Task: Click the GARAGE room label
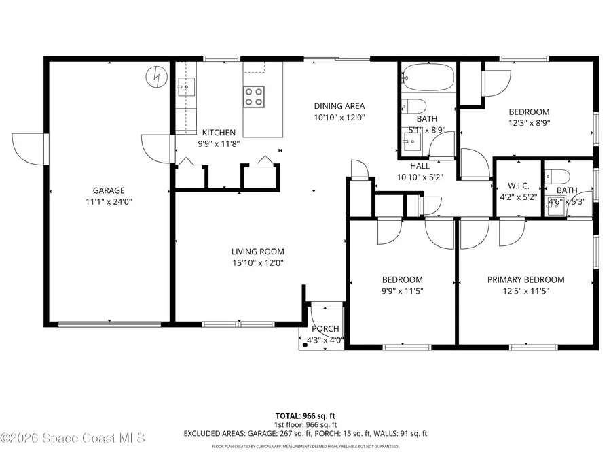[x=109, y=190]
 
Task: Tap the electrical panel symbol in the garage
[x=156, y=76]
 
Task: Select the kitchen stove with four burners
[x=254, y=96]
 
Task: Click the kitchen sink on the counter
[x=186, y=86]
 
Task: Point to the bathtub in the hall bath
[x=428, y=78]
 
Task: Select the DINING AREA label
[x=339, y=105]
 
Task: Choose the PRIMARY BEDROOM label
[x=525, y=279]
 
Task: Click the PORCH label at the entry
[x=325, y=329]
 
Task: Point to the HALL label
[x=420, y=165]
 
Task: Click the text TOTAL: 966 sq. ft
[x=305, y=415]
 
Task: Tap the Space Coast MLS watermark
[x=73, y=439]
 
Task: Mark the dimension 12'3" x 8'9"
[x=529, y=124]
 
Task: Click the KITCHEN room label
[x=219, y=133]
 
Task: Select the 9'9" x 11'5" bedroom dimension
[x=402, y=291]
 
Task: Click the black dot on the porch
[x=305, y=344]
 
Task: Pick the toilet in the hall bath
[x=414, y=105]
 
